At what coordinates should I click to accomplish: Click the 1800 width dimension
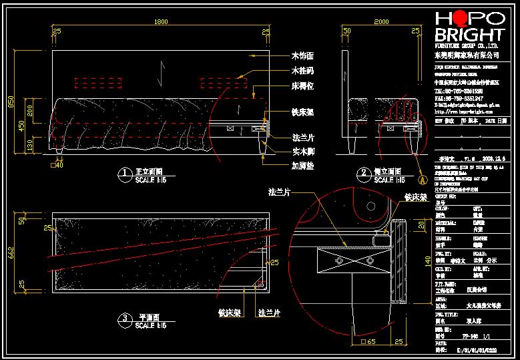161,23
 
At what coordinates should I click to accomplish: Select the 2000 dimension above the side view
381,23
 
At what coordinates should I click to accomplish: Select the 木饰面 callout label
302,55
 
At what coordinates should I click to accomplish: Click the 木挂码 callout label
302,70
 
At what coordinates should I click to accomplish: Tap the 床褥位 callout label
302,86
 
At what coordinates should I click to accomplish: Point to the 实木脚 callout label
302,152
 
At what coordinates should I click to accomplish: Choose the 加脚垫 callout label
302,165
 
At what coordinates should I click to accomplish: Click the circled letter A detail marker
422,179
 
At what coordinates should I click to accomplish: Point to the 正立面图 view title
150,171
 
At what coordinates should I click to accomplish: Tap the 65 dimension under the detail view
371,342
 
